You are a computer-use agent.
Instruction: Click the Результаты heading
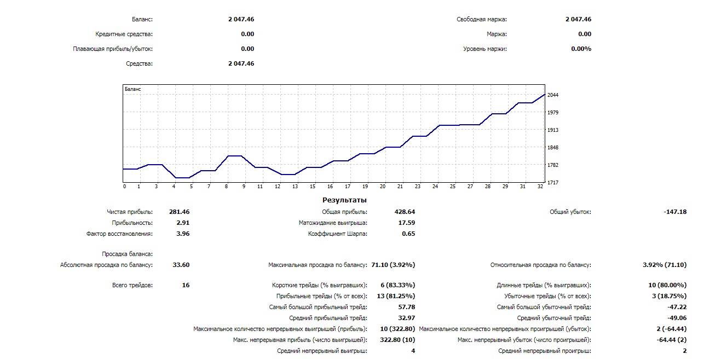[344, 200]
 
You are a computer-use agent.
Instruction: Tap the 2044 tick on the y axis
[552, 95]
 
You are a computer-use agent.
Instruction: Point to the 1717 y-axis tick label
[552, 182]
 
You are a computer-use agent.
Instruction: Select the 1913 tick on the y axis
[552, 130]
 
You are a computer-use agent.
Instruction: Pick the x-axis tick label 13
[295, 187]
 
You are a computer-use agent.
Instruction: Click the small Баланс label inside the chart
[133, 89]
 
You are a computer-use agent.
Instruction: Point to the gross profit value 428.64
[405, 212]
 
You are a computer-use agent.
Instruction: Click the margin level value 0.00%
[581, 49]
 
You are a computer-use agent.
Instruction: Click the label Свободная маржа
[482, 19]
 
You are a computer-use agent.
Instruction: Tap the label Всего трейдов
[132, 285]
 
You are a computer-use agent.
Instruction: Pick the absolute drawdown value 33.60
[181, 265]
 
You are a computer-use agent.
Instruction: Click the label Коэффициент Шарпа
[338, 234]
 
